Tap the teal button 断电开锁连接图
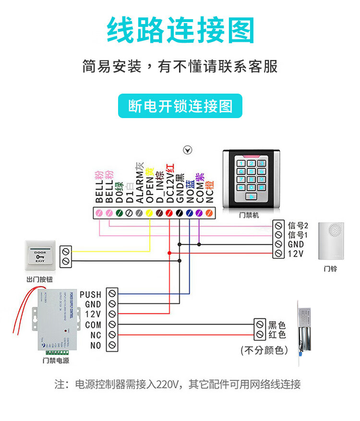(180, 106)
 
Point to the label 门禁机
(249, 215)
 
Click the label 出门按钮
(40, 279)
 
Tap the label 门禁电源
(56, 360)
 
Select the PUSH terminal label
(90, 294)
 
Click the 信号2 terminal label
(298, 225)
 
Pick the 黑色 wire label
(277, 325)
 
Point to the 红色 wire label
(277, 335)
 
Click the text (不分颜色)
(264, 350)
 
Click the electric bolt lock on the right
(305, 330)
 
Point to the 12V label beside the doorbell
(295, 253)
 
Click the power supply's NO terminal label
(96, 345)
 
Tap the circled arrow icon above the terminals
(188, 150)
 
